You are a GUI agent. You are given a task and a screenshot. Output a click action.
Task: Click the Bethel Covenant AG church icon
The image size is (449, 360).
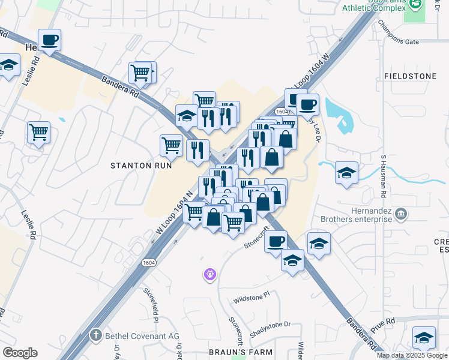[x=94, y=334]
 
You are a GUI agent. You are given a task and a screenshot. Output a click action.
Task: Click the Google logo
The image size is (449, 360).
[x=20, y=353]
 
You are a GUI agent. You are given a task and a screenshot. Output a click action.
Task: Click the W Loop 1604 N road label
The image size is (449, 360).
[x=175, y=213]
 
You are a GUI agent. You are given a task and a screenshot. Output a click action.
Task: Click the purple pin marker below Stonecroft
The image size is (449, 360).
[x=209, y=275]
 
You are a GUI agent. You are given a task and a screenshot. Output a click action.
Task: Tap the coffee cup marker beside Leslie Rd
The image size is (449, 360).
[x=50, y=40]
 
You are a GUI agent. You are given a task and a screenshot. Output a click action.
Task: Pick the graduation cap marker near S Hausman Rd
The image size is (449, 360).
[x=346, y=173]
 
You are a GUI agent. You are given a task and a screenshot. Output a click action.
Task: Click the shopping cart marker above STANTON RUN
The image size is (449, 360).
[x=171, y=144]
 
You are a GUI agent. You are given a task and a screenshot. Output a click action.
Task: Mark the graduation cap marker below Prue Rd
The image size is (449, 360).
[x=424, y=337]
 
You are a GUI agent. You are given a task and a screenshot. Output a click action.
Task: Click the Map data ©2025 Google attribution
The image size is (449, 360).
[x=412, y=355]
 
